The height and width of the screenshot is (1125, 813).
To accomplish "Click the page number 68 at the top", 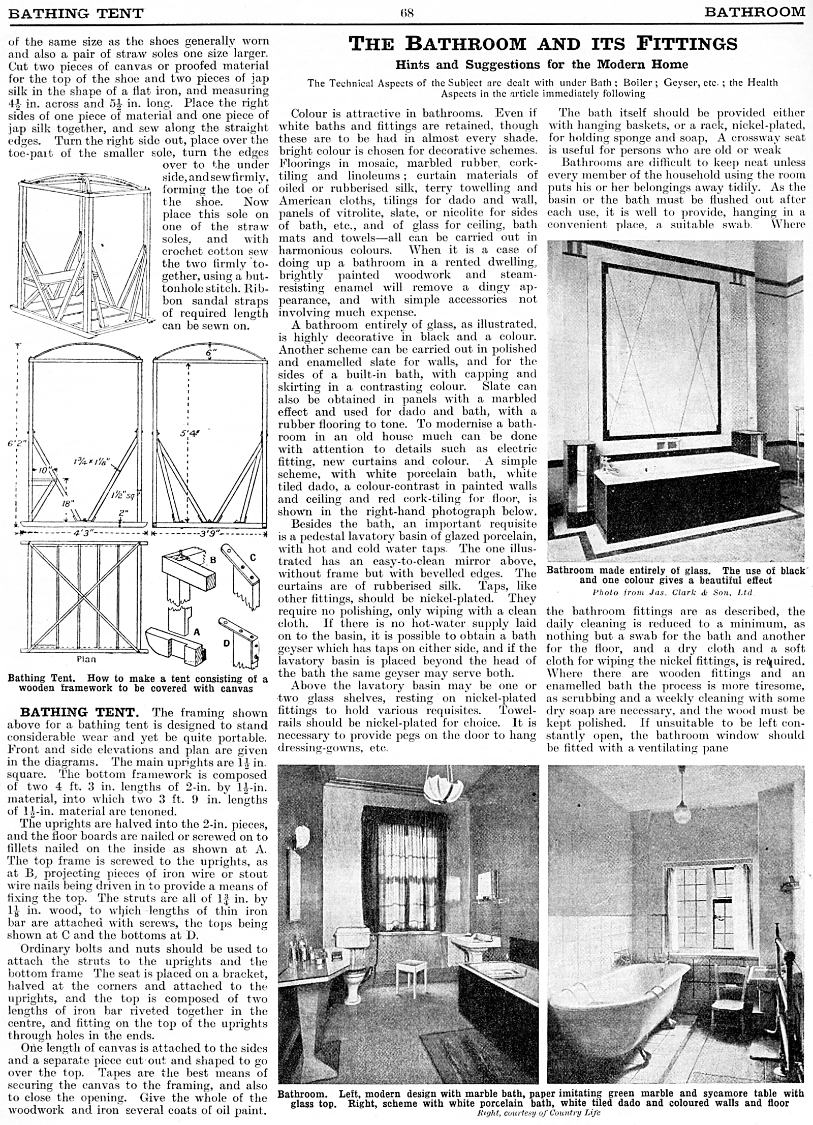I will coord(407,12).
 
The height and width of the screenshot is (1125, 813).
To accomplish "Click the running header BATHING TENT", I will coord(76,12).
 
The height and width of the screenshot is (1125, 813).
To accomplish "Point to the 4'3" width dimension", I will coord(81,534).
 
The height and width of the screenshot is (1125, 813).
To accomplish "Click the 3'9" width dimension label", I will coord(208,534).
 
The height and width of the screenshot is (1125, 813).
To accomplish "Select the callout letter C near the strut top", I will coord(253,558).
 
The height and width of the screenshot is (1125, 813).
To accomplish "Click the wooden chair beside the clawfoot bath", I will coord(730,967).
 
